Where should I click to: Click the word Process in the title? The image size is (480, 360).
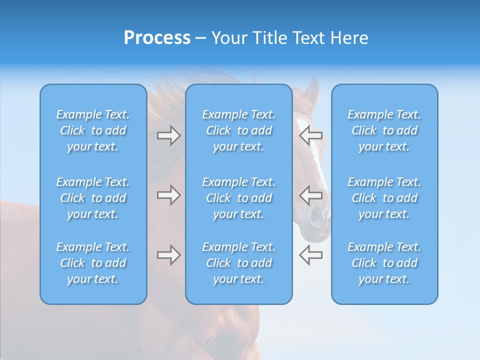pos(157,38)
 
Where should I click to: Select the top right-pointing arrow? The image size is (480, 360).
pos(169,135)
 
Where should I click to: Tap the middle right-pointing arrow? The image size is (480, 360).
pos(169,195)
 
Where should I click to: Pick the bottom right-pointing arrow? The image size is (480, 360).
pos(169,255)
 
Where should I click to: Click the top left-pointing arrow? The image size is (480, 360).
pos(310,135)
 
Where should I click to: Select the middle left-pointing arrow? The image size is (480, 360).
pos(310,195)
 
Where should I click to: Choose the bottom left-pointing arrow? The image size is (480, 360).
pos(310,255)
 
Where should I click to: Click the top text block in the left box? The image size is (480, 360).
pos(93,130)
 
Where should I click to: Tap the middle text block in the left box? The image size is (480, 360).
pos(93,198)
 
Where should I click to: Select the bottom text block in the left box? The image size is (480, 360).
pos(93,263)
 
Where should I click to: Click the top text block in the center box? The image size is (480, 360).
pos(238,130)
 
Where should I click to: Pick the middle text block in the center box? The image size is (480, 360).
pos(238,198)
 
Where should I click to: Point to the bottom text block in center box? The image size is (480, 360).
pos(238,263)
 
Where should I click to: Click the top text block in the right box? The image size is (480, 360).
pos(384,130)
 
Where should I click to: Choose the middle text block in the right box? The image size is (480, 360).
pos(384,198)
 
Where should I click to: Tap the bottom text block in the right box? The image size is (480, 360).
pos(384,263)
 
